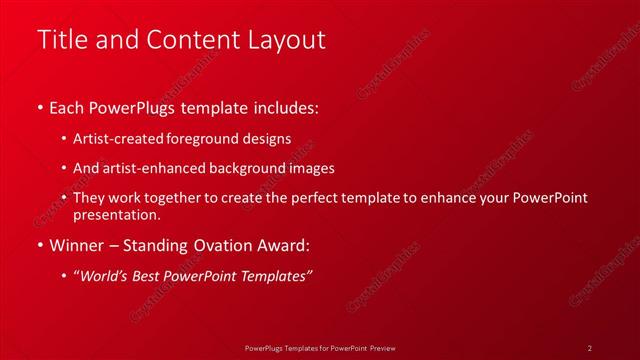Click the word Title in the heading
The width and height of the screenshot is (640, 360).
point(59,40)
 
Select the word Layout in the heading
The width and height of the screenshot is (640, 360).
point(289,40)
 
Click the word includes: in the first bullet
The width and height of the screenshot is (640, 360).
point(286,106)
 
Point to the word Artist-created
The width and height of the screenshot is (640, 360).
point(118,139)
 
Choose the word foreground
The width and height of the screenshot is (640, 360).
point(207,139)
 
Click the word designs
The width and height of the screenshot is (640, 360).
point(267,139)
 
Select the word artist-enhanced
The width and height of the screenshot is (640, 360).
point(149,169)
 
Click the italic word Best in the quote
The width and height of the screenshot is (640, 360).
point(151,276)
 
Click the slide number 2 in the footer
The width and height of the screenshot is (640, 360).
point(590,348)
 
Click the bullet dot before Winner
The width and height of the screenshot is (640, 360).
point(39,245)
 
